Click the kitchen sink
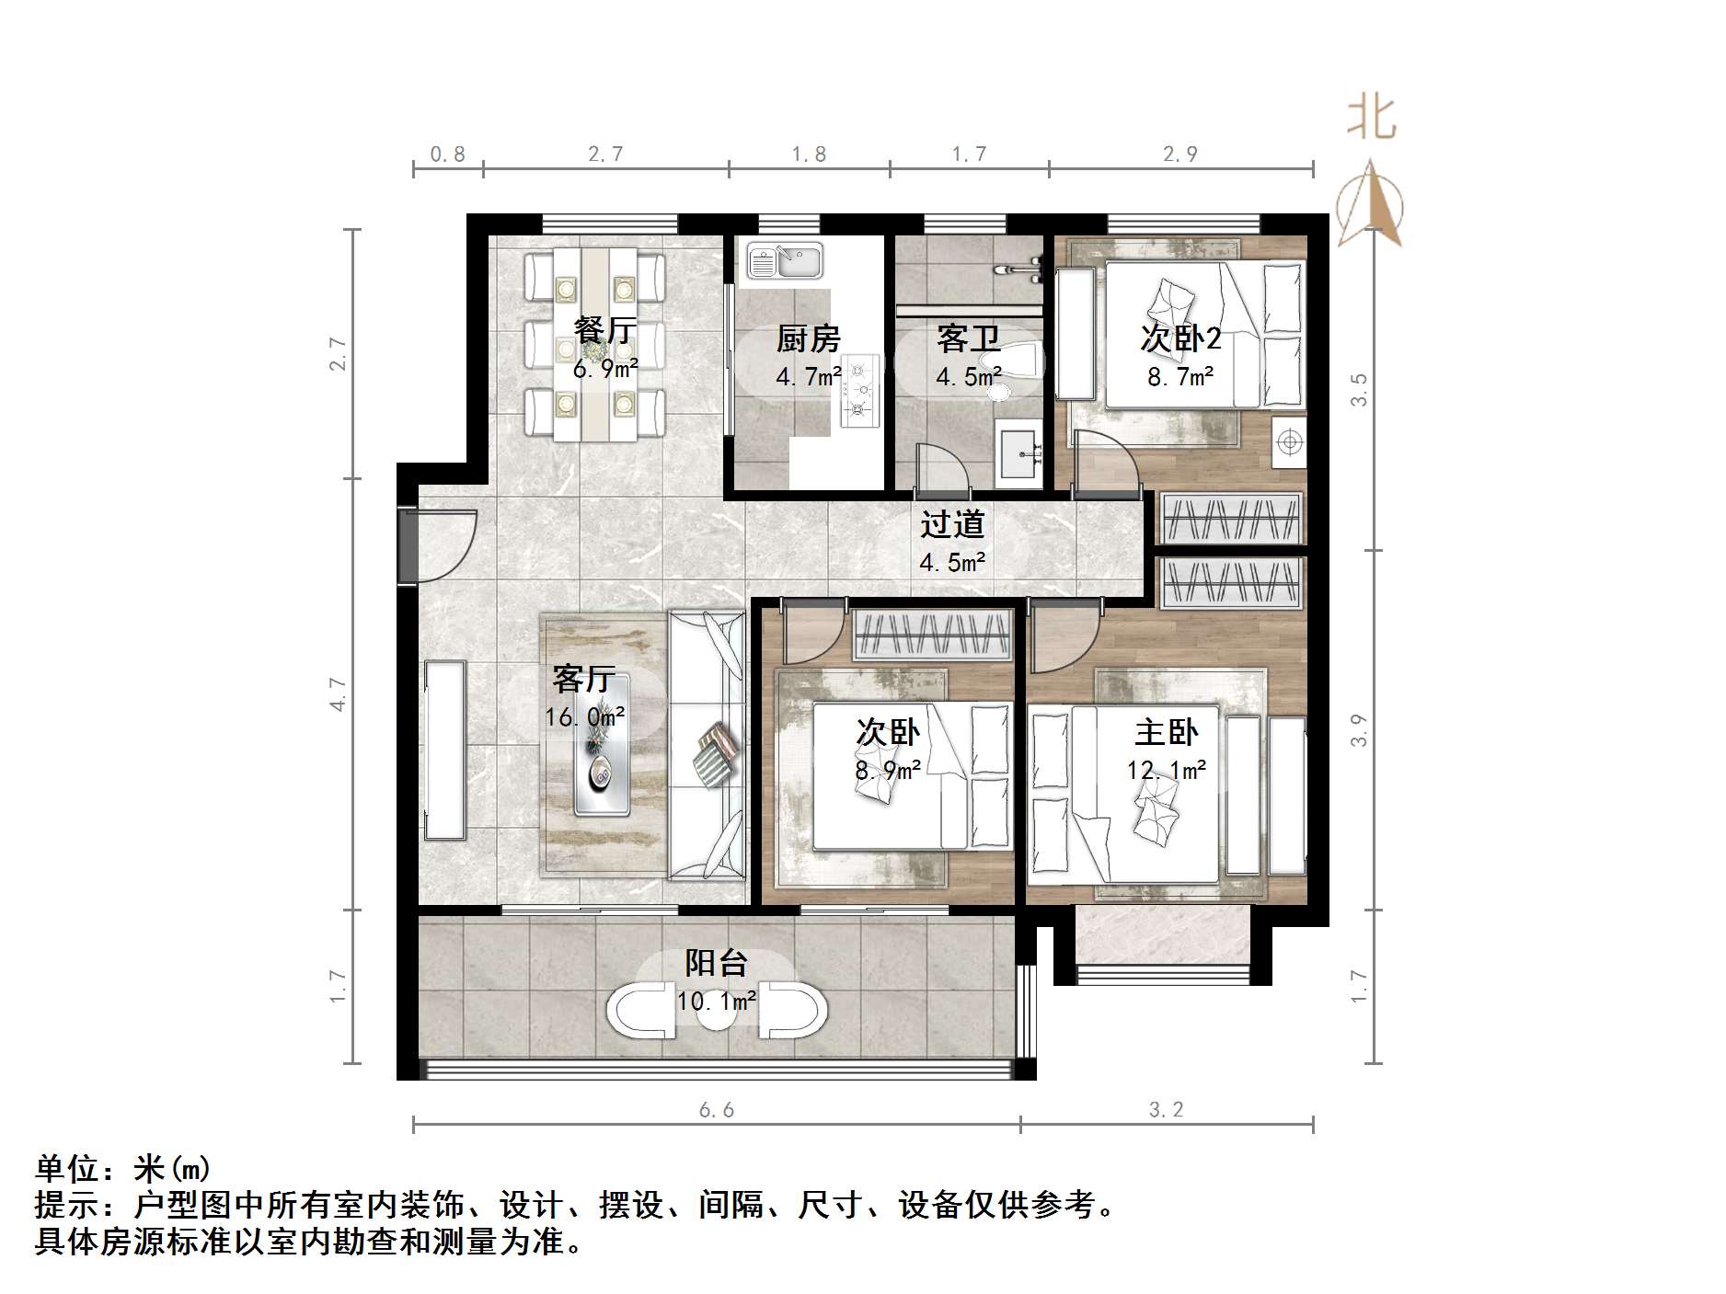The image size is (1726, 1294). tap(784, 260)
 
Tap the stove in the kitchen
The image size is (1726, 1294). tap(859, 391)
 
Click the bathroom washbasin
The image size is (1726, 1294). tap(1018, 454)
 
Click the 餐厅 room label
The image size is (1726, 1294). tap(604, 329)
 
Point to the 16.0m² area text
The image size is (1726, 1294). tap(585, 716)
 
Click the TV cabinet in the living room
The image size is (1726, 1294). tap(445, 750)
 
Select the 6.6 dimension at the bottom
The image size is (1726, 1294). tap(716, 1110)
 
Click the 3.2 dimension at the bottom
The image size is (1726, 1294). tap(1166, 1110)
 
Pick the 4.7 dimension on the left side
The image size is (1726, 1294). tap(339, 693)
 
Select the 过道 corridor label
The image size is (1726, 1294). tap(952, 524)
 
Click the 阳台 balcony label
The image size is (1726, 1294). tap(716, 963)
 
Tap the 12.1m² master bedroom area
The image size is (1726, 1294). tap(1166, 769)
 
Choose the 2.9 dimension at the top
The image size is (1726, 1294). tap(1179, 154)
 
